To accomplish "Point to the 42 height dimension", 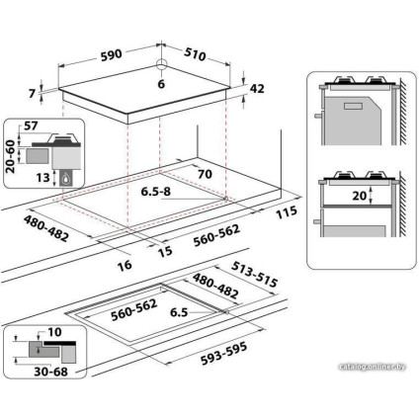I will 257,89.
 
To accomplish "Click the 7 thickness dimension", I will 33,94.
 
